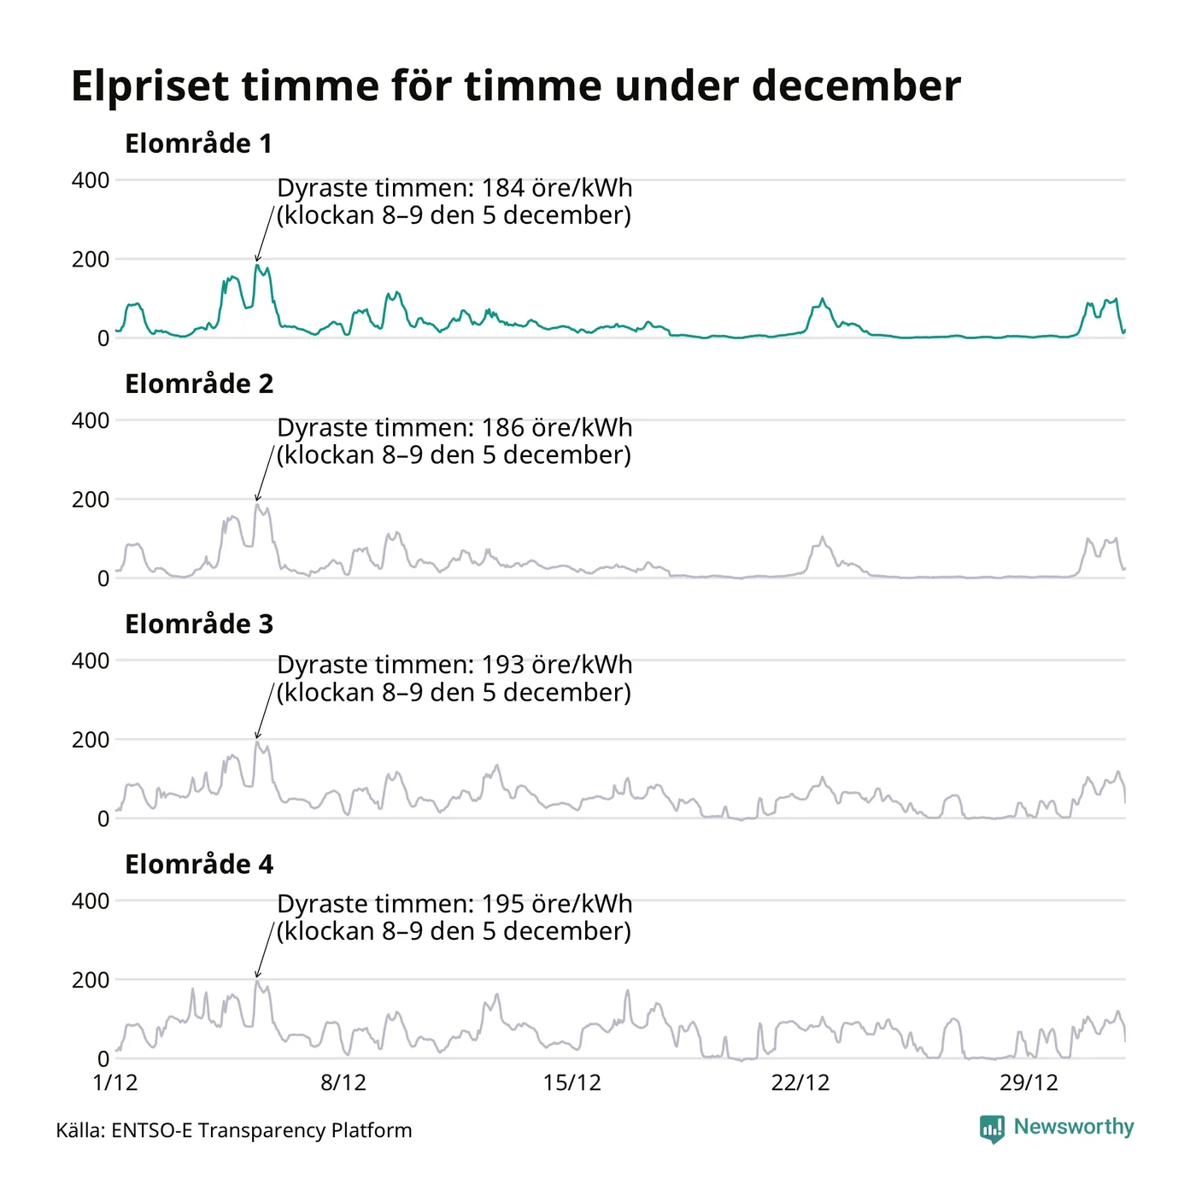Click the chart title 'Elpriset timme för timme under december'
pos(515,86)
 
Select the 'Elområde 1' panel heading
pos(198,144)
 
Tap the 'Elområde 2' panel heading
pos(199,384)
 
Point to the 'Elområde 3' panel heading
pos(199,624)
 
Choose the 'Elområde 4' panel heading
pos(199,864)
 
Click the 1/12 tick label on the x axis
pos(115,1083)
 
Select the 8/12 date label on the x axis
pos(343,1083)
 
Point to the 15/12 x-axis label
pos(572,1083)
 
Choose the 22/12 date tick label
pos(800,1083)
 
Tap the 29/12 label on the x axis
pos(1029,1083)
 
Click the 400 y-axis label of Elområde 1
pos(91,180)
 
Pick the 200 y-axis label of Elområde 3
pos(91,740)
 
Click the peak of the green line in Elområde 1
pos(256,265)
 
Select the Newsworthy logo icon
pos(992,1129)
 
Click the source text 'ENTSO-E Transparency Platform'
pos(261,1130)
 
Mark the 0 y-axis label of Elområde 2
pos(103,578)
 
